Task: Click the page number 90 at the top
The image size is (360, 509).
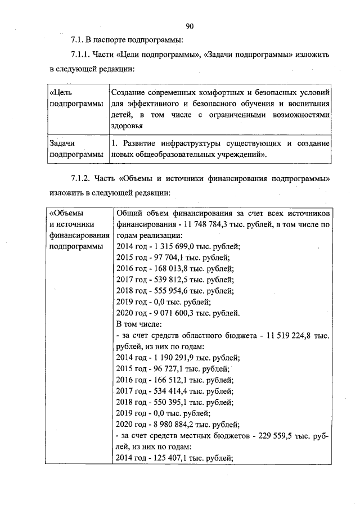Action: [189, 26]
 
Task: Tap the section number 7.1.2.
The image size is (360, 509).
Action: [83, 179]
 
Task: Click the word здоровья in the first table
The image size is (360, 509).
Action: [128, 125]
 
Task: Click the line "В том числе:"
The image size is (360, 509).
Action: [138, 325]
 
